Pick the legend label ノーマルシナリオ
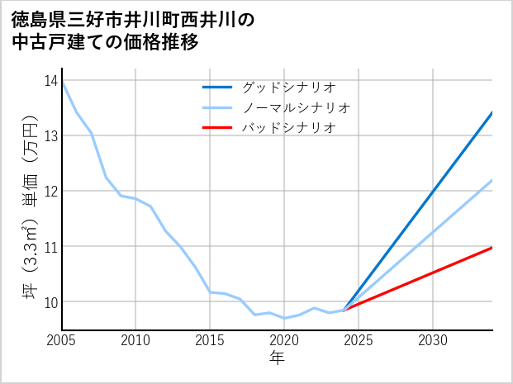(x=296, y=107)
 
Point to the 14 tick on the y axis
(x=50, y=80)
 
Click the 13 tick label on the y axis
(x=50, y=135)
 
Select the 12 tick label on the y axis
(x=50, y=191)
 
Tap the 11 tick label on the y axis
(x=50, y=246)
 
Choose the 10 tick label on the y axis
(x=50, y=302)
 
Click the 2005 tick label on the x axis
(x=61, y=340)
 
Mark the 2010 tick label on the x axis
(x=135, y=340)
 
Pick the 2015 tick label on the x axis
(x=210, y=340)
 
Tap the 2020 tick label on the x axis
(x=284, y=340)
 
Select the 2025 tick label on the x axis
(x=359, y=340)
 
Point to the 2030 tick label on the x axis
(x=433, y=340)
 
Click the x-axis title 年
(x=277, y=358)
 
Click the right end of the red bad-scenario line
(x=492, y=247)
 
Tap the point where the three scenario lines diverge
(x=344, y=310)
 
